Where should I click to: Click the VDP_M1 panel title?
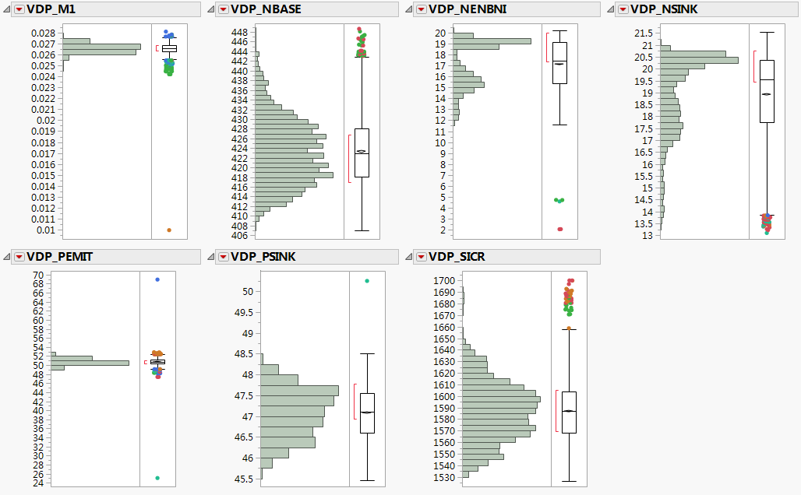click(x=51, y=9)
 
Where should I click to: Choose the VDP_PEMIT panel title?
click(x=59, y=257)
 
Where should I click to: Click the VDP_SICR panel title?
click(x=457, y=257)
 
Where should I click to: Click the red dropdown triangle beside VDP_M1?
click(x=19, y=9)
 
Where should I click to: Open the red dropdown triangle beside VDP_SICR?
click(x=422, y=257)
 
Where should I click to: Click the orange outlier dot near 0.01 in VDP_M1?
click(x=168, y=230)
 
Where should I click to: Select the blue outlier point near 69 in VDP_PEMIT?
click(x=157, y=279)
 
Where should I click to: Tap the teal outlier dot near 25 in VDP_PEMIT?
click(x=157, y=478)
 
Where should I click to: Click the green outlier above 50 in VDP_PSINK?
click(x=367, y=281)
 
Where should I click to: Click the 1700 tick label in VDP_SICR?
click(x=444, y=280)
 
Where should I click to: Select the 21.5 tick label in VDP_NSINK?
click(x=642, y=33)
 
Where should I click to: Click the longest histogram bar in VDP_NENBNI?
click(x=492, y=41)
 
